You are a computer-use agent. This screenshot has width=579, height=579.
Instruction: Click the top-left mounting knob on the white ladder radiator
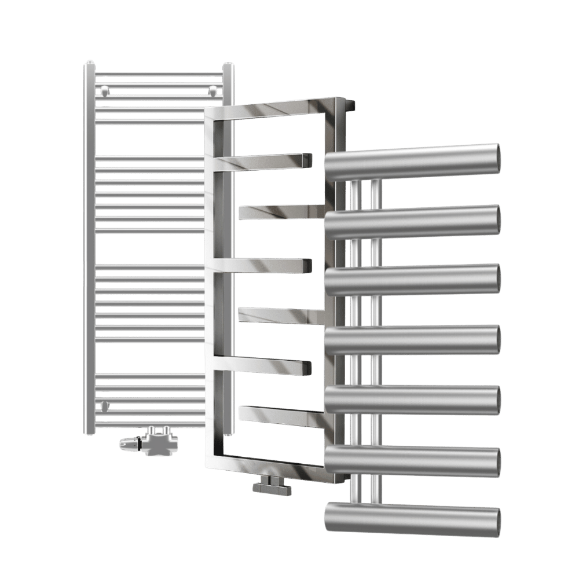pyautogui.click(x=104, y=90)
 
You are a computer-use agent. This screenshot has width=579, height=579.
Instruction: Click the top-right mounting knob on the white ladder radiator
pyautogui.click(x=213, y=90)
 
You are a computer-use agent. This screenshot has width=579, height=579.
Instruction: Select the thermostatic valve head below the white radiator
pyautogui.click(x=129, y=444)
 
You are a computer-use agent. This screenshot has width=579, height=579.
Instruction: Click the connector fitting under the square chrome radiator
pyautogui.click(x=272, y=486)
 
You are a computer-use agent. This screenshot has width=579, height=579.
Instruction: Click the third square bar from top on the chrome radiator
pyautogui.click(x=266, y=265)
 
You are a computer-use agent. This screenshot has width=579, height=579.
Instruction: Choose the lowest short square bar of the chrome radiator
pyautogui.click(x=281, y=416)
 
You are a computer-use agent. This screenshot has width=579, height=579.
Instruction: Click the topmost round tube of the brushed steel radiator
pyautogui.click(x=411, y=160)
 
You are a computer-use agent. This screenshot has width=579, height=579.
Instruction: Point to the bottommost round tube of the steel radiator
pyautogui.click(x=411, y=519)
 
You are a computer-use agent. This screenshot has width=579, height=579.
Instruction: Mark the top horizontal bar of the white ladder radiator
pyautogui.click(x=159, y=74)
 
